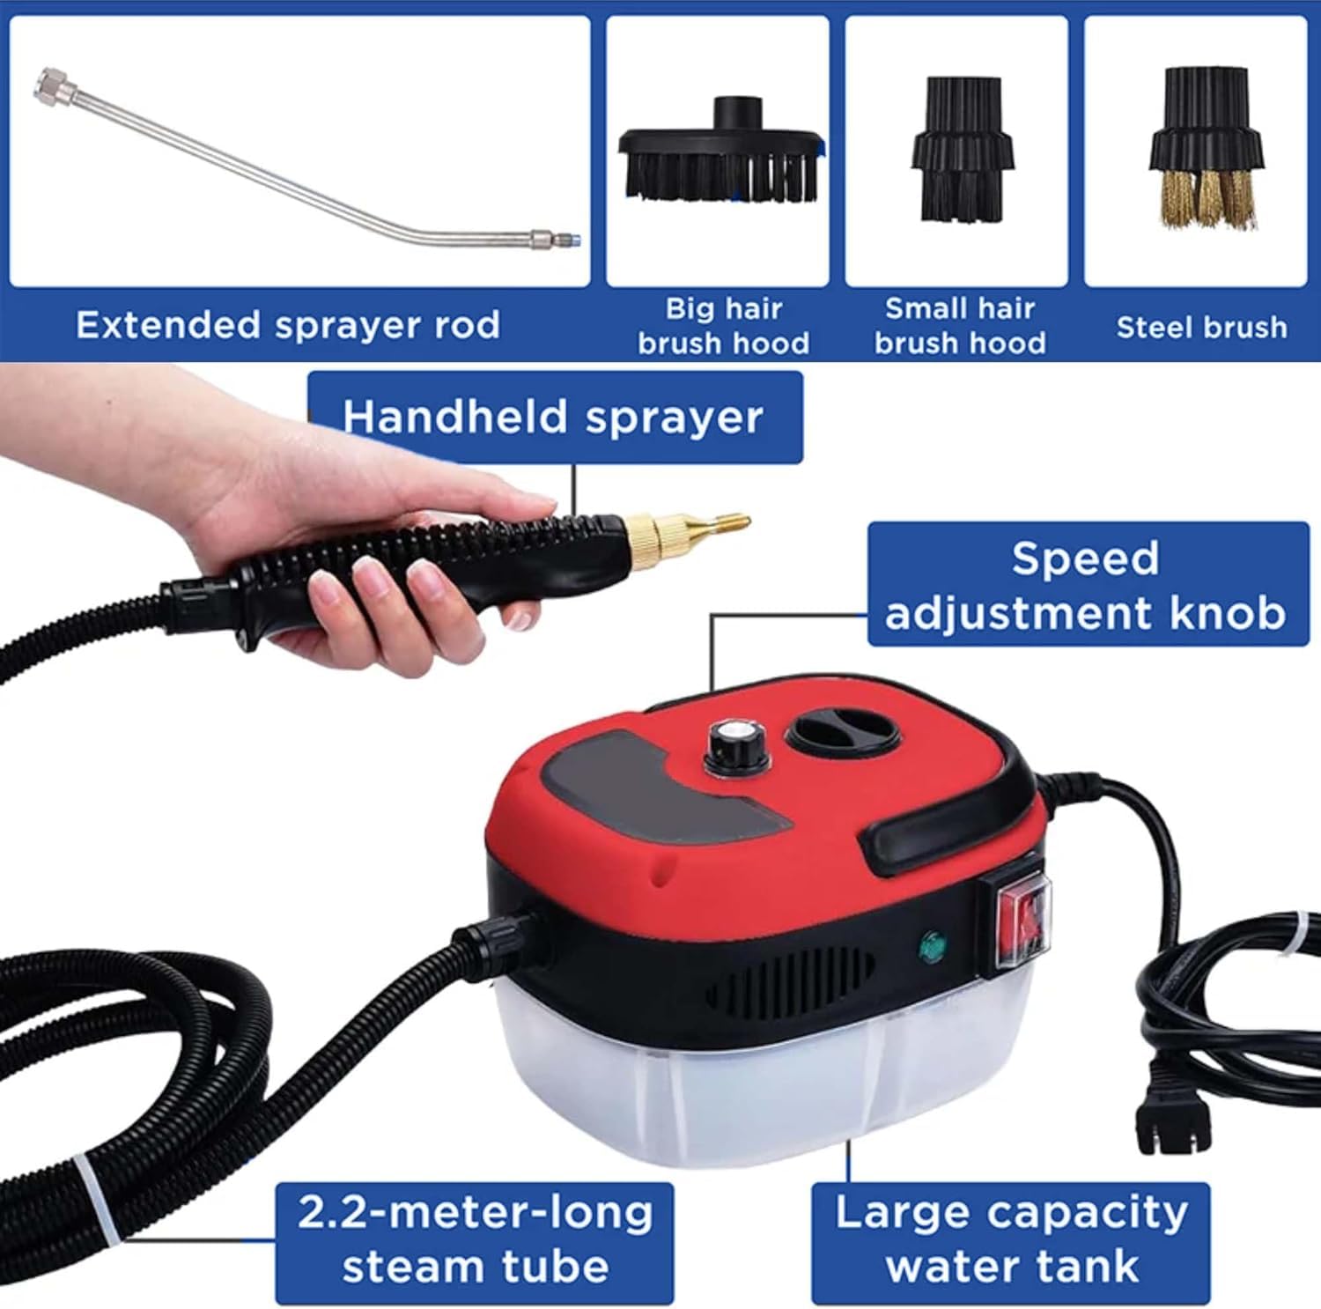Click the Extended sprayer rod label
288,325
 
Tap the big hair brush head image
721,159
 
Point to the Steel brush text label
1201,328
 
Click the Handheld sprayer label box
554,417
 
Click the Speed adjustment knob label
1087,586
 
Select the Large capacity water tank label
1011,1241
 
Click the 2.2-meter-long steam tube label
475,1241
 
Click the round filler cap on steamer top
842,732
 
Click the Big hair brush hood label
723,326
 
